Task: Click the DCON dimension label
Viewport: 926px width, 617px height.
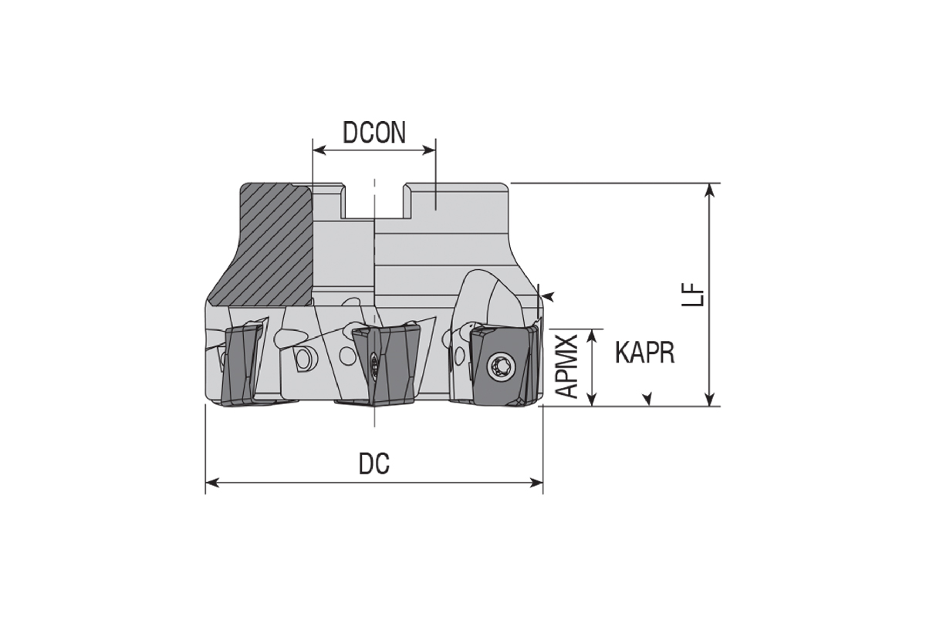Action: click(374, 132)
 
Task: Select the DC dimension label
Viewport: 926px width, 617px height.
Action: click(373, 464)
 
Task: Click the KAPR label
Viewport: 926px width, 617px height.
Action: click(644, 353)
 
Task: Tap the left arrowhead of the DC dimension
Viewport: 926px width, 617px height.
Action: click(212, 483)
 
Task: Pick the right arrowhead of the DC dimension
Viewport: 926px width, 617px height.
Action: click(536, 483)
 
